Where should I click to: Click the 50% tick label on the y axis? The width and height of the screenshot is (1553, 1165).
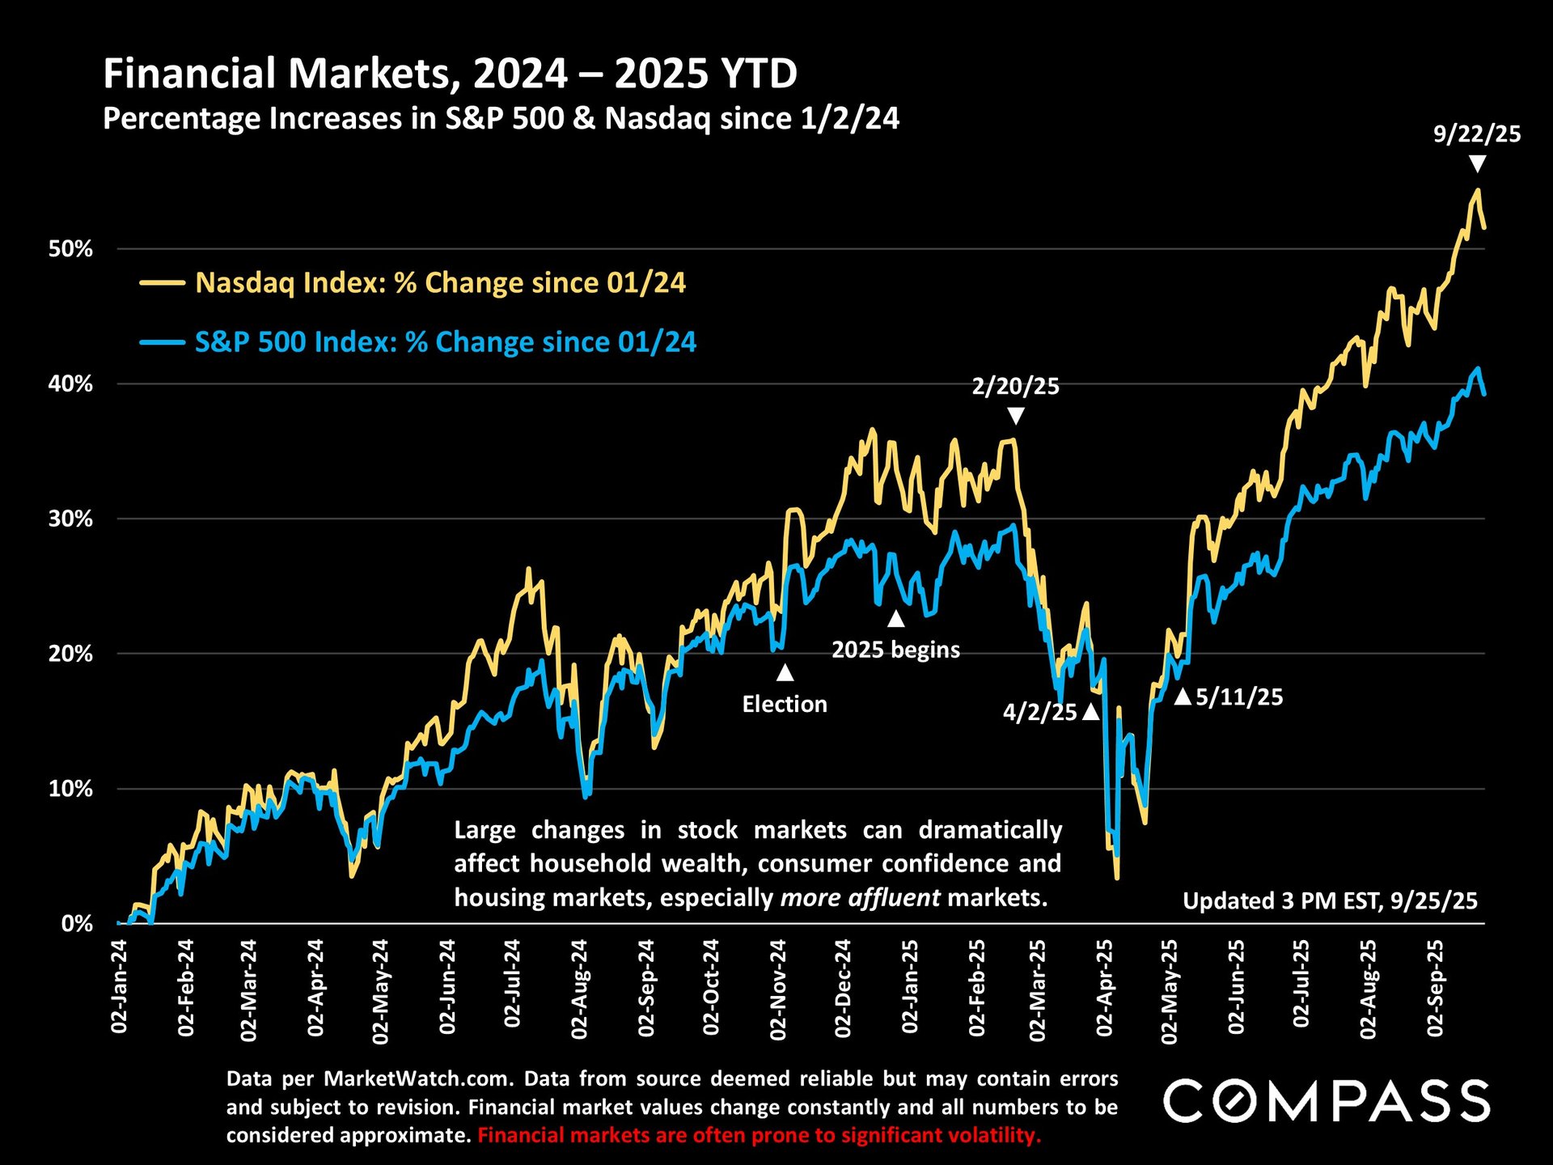(71, 249)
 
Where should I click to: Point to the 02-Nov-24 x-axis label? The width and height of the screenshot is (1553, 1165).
(778, 989)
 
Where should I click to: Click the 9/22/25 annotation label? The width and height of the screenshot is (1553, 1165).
(1477, 134)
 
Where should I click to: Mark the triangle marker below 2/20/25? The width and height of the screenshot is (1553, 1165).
(1016, 416)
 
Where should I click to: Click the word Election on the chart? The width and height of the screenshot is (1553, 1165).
(785, 705)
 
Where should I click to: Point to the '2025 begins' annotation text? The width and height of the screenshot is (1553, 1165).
(895, 650)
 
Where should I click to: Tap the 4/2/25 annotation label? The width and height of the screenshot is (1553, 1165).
(1039, 713)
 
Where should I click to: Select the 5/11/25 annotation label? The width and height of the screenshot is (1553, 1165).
(1239, 697)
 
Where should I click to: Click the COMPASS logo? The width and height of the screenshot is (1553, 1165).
(1327, 1101)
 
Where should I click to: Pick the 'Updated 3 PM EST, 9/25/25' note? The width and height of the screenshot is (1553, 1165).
(1330, 901)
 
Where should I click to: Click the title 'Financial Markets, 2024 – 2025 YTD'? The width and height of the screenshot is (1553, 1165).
(450, 74)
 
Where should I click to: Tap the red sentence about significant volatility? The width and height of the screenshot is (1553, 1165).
(759, 1136)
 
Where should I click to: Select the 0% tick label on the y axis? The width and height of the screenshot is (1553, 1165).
(77, 924)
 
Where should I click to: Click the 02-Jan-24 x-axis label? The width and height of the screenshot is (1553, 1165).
(120, 987)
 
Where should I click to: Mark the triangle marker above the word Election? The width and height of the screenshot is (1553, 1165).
(785, 672)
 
